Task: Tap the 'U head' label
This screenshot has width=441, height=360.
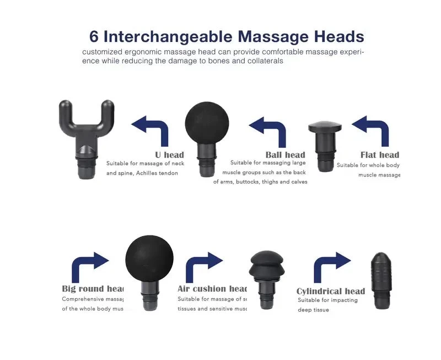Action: pyautogui.click(x=170, y=154)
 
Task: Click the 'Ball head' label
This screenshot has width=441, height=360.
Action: pyautogui.click(x=285, y=154)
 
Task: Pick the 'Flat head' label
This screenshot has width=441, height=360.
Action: pyautogui.click(x=380, y=154)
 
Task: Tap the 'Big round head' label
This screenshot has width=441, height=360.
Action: pyautogui.click(x=93, y=288)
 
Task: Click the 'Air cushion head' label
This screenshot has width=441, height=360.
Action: pyautogui.click(x=212, y=288)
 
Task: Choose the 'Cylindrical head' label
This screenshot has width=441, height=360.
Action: pyautogui.click(x=331, y=291)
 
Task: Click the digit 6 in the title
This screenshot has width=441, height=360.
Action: pyautogui.click(x=94, y=37)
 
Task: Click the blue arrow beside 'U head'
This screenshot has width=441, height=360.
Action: pyautogui.click(x=150, y=130)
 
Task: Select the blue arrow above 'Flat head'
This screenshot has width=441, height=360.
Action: pyautogui.click(x=371, y=130)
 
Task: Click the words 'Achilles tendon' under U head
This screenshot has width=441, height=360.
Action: pyautogui.click(x=159, y=173)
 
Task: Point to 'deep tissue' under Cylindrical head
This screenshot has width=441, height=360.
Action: pyautogui.click(x=313, y=310)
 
